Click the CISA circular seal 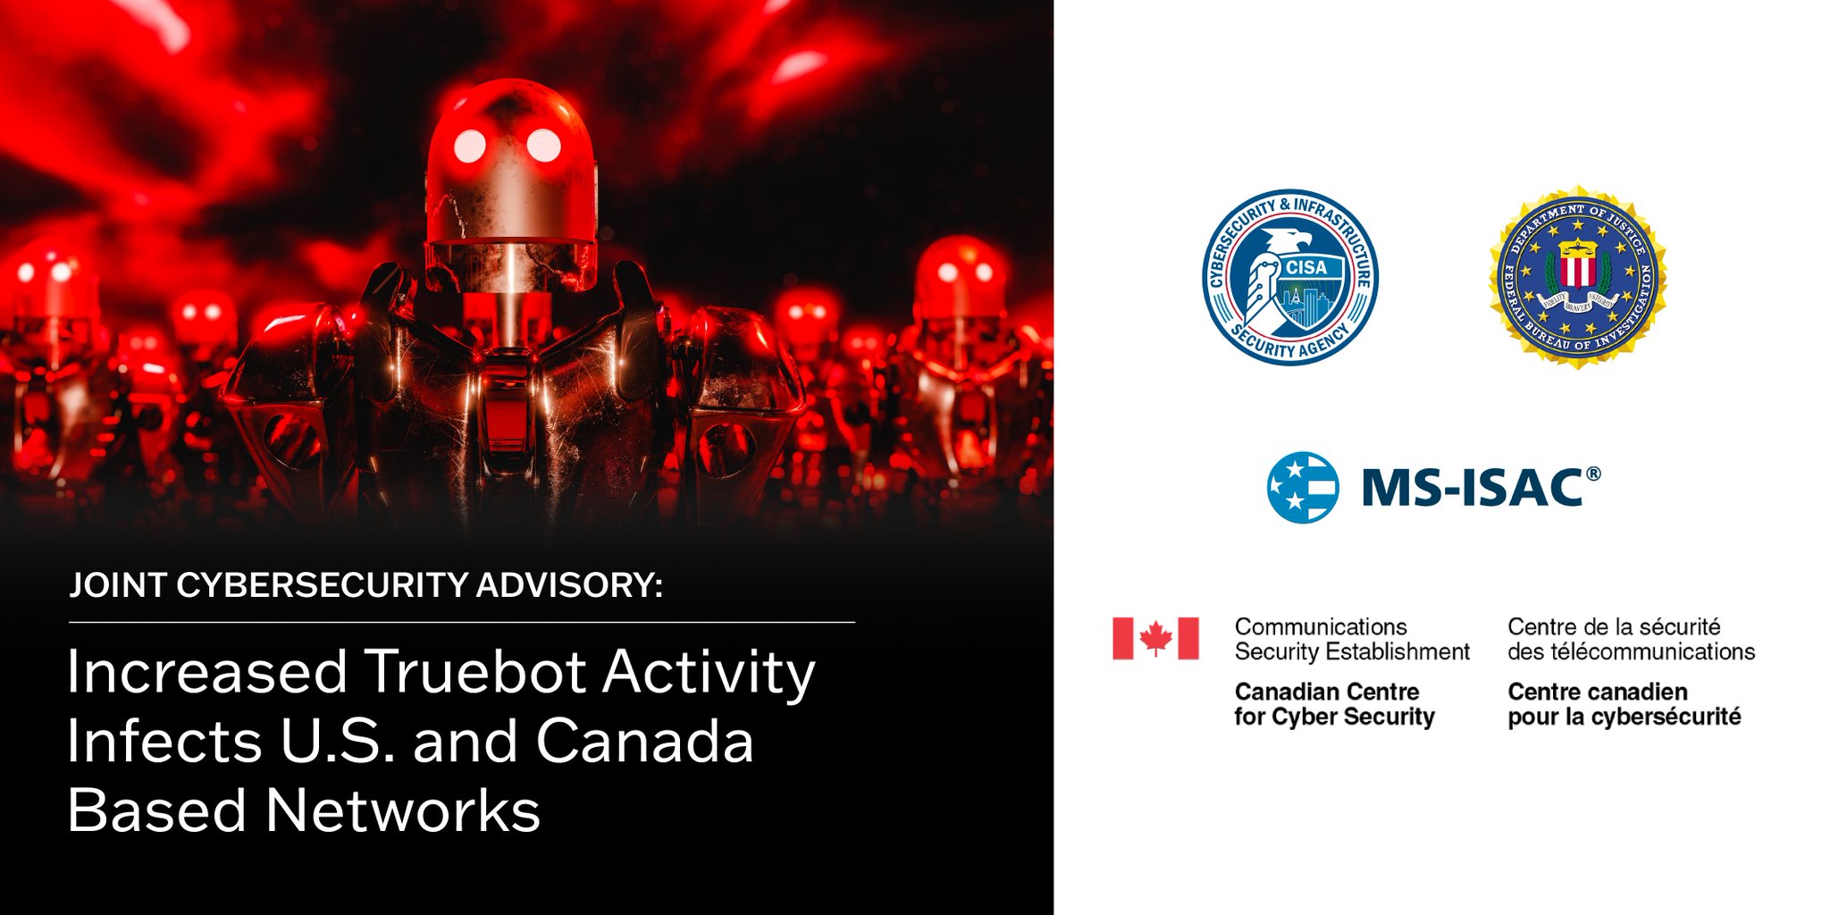coord(1289,277)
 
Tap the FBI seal coord(1577,278)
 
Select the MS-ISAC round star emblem coord(1303,487)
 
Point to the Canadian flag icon coord(1155,638)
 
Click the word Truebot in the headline coord(474,672)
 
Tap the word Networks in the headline coord(402,811)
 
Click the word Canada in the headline coord(644,742)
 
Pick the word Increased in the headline coord(206,672)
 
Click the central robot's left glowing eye coord(470,146)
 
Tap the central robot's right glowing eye coord(542,145)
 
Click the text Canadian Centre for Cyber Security coord(1334,704)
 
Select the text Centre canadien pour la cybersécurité coord(1624,704)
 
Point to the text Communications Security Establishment coord(1351,639)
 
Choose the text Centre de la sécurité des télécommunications coord(1631,639)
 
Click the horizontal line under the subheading coord(461,622)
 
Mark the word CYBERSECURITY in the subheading coord(322,585)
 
